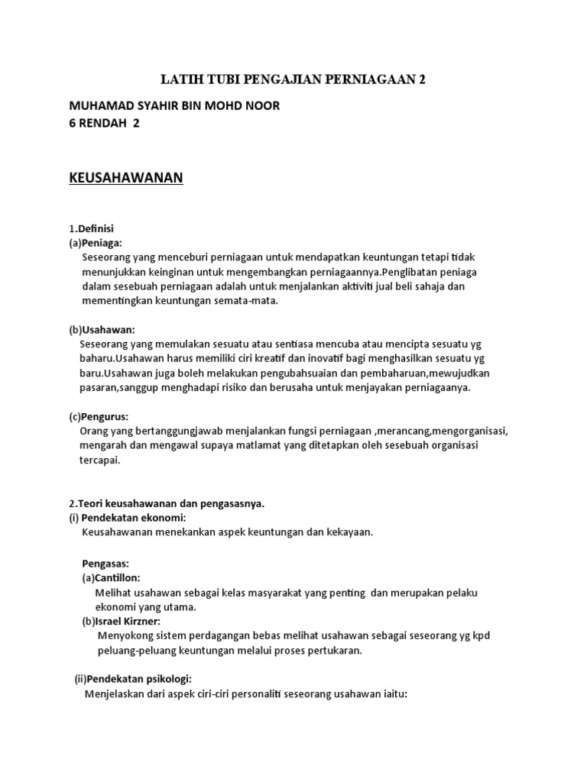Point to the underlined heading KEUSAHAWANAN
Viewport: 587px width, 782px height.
pos(127,178)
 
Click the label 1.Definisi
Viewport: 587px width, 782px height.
pos(91,228)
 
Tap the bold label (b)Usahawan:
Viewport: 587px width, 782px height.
pos(102,329)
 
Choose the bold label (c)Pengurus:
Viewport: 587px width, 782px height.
pos(99,416)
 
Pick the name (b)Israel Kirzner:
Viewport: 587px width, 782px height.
pos(127,622)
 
